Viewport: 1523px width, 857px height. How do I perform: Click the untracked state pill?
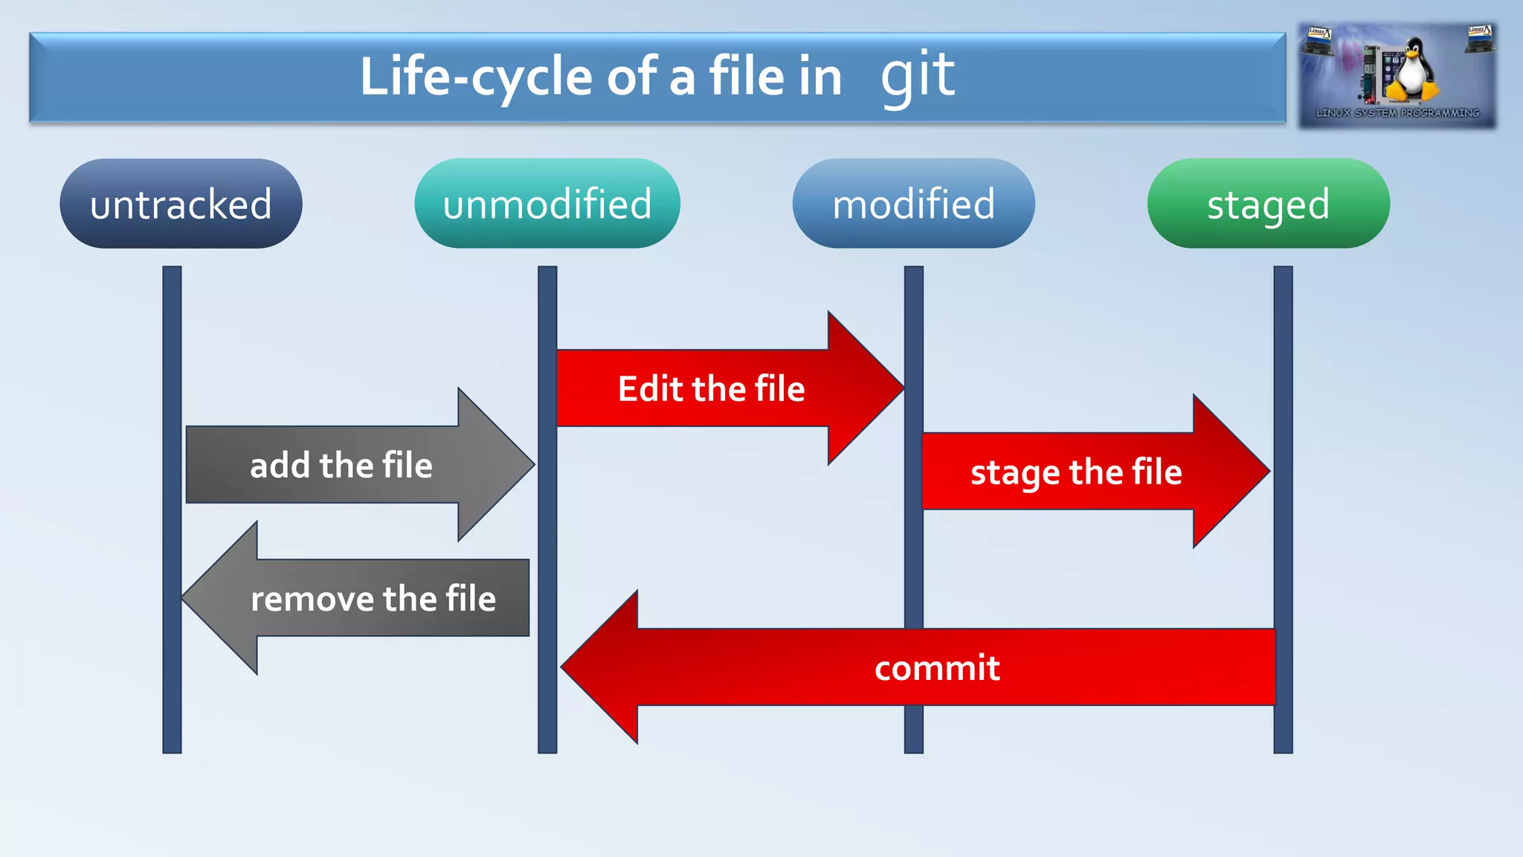(181, 203)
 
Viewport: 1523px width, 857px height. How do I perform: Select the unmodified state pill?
(547, 203)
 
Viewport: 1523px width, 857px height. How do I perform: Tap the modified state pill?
(913, 203)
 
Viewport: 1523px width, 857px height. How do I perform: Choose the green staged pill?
(1268, 203)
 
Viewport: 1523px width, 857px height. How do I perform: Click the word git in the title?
(918, 76)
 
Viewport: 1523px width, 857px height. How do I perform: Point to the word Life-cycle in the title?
(476, 77)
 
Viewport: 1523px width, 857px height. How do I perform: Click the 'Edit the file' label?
(711, 388)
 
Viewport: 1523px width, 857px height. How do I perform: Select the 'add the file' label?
(341, 465)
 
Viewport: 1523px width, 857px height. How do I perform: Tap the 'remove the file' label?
(373, 598)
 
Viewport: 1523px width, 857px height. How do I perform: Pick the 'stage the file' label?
(1075, 472)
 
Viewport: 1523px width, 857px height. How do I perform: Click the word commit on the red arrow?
(936, 667)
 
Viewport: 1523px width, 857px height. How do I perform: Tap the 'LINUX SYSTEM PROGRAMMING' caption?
(1397, 113)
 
